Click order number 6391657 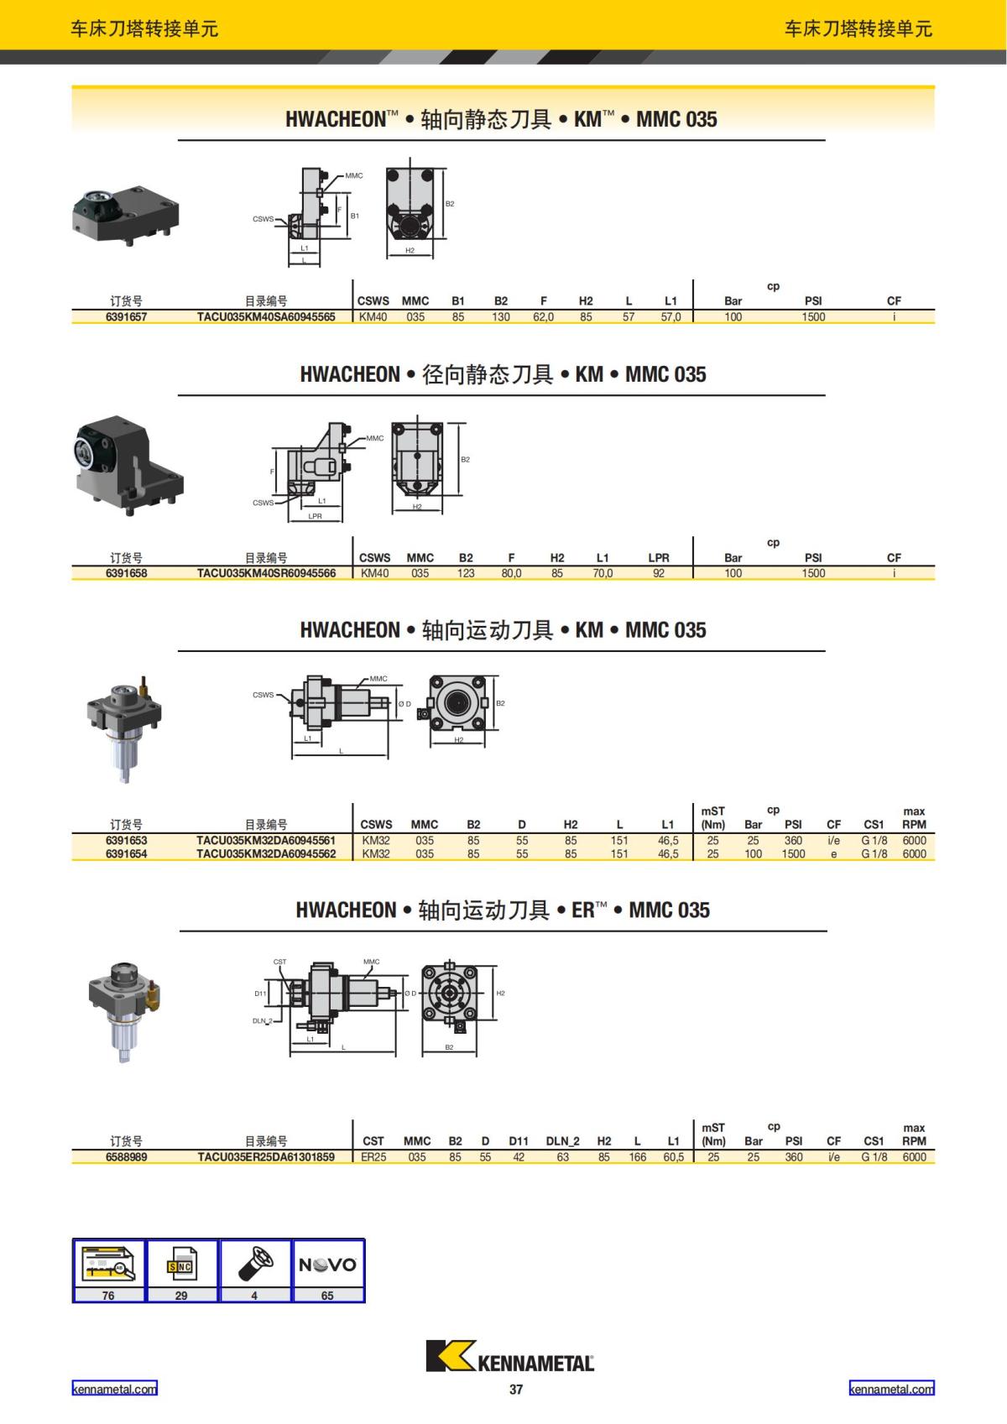126,316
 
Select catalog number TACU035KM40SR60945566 266,573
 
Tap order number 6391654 126,853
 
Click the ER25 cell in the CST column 373,1157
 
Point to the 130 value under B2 500,316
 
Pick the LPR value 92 659,573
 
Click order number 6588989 126,1157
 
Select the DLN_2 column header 562,1141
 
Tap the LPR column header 659,557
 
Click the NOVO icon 327,1265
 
